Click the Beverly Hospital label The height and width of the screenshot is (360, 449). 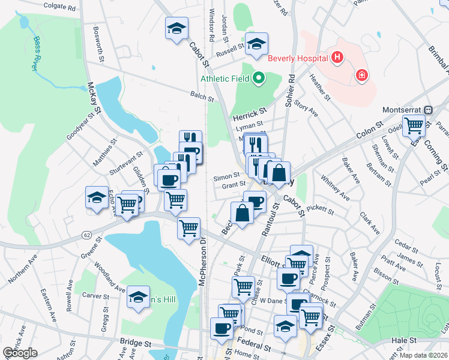click(x=298, y=58)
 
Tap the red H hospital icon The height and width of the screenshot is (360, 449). click(x=337, y=58)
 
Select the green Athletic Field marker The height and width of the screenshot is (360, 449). click(x=259, y=77)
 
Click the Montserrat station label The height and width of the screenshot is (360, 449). click(x=403, y=110)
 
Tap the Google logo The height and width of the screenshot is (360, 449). click(x=20, y=353)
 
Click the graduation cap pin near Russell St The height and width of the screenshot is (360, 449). click(x=256, y=43)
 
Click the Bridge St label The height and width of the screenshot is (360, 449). click(x=135, y=343)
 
